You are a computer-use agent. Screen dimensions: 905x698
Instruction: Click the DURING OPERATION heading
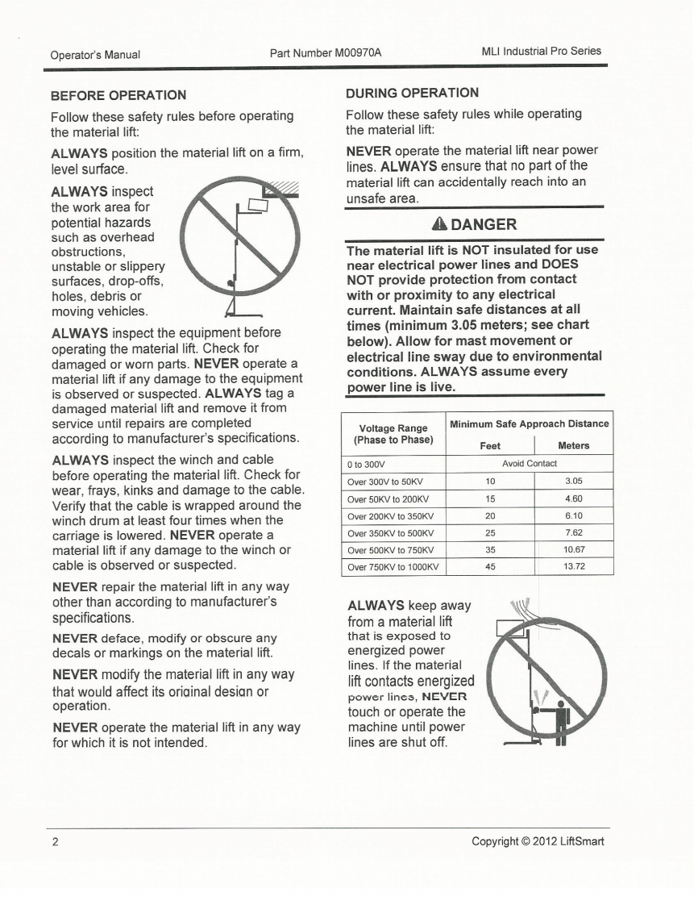[412, 92]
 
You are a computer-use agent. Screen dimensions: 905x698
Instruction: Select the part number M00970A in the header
[326, 52]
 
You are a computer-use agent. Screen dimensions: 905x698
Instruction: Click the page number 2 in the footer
[55, 843]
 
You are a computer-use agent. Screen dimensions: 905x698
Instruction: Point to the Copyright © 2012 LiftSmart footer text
[538, 843]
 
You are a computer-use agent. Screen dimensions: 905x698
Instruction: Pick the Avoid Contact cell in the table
[530, 464]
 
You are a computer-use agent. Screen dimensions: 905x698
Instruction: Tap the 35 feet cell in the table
[490, 549]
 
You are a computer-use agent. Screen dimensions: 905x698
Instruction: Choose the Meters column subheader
[573, 445]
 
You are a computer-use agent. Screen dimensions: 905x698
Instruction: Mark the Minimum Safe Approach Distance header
[530, 423]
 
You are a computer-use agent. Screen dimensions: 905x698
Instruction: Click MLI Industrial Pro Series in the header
[541, 51]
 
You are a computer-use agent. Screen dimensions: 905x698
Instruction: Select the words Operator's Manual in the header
[95, 55]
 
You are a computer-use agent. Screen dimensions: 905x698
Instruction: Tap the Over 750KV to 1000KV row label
[393, 566]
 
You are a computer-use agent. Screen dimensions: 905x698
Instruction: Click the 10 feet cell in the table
[490, 481]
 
